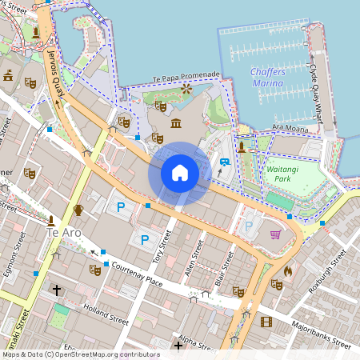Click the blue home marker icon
[x=180, y=173]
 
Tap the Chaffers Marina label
[x=274, y=78]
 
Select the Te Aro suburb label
[x=64, y=232]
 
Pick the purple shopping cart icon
[x=275, y=234]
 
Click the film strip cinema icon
[x=266, y=322]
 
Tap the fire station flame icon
[x=288, y=271]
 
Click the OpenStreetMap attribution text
[x=80, y=354]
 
